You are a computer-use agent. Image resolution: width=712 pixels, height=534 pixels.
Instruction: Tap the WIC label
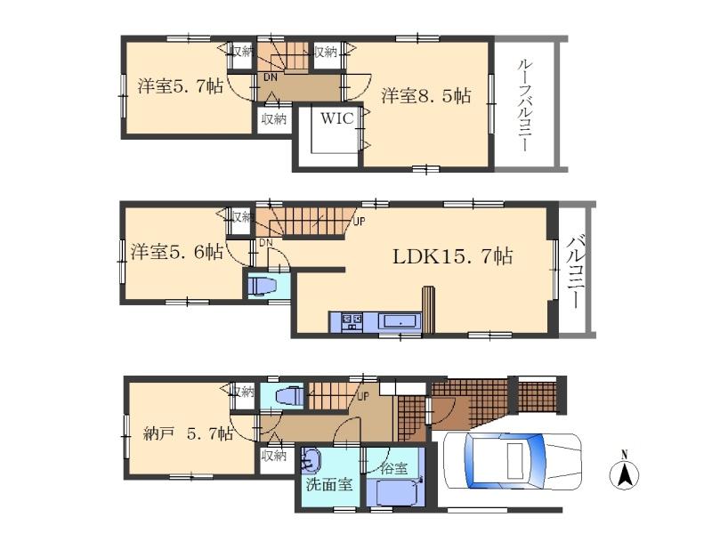point(337,117)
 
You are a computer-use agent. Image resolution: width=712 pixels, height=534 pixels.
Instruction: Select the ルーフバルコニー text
point(526,105)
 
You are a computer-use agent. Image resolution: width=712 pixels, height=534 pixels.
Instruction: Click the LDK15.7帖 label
point(453,257)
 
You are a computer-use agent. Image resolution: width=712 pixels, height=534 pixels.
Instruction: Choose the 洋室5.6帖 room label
point(177,253)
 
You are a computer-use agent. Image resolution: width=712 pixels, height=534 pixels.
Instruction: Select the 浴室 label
point(394,465)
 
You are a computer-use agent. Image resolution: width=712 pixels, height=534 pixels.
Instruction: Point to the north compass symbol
point(626,473)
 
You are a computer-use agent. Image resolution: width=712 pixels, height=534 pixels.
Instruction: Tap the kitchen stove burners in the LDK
point(347,321)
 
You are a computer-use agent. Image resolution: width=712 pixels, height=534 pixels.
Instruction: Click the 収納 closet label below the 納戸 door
point(274,456)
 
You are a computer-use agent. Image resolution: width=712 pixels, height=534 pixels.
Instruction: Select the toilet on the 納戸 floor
point(287,396)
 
